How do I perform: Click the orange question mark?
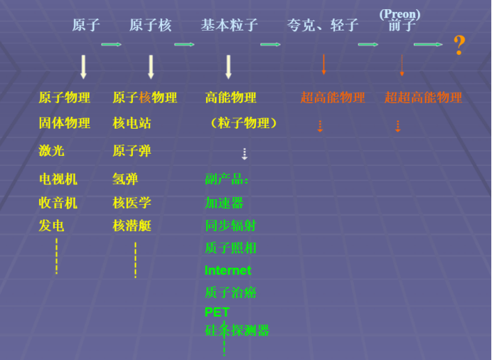point(459,47)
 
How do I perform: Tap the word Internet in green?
point(228,270)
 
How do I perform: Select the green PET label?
point(217,312)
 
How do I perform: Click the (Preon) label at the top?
point(400,14)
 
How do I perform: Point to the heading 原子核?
point(151,26)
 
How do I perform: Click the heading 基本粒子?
point(229,26)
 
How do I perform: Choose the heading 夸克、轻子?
point(323,26)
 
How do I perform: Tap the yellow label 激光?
point(51,151)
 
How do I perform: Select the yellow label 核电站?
point(132,123)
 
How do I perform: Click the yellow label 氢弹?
point(125,179)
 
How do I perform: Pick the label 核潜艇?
point(132,226)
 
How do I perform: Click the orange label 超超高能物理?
point(423,97)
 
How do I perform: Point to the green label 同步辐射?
point(230,226)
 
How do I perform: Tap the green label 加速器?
point(224,203)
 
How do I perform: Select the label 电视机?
point(58,179)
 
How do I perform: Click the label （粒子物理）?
point(242,123)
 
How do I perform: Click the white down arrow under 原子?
point(83,66)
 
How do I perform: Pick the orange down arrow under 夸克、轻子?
point(323,64)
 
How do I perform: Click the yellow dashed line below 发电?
point(56,256)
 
